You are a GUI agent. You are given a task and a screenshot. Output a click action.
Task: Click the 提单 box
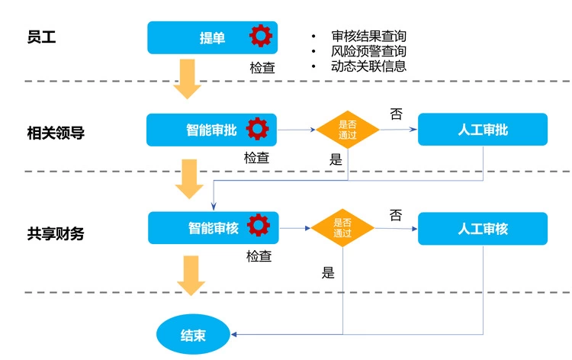[211, 37]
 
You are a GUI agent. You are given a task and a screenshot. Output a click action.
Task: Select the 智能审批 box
[211, 130]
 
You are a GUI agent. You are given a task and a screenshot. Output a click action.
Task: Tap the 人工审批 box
[482, 130]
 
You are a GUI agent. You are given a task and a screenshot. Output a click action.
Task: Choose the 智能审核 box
[214, 228]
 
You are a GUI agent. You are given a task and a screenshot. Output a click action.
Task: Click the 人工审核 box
[482, 228]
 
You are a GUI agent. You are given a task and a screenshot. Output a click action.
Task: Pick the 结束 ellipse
[193, 335]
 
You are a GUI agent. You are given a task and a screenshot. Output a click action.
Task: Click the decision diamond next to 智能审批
[348, 130]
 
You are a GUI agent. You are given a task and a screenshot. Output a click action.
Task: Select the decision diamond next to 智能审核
[342, 228]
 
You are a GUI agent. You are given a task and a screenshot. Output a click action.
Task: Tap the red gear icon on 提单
[260, 36]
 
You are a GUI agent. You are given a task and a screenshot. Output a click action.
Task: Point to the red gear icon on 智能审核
[259, 226]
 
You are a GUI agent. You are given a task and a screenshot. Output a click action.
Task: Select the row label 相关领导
[56, 133]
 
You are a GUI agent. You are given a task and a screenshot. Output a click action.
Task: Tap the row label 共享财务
[56, 233]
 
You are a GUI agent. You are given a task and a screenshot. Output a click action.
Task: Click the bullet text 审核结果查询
[368, 37]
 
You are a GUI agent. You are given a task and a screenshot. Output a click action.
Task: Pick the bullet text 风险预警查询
[368, 51]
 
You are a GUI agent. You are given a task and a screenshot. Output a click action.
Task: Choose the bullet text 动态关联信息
[368, 66]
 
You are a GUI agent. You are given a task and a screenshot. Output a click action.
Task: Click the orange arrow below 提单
[187, 79]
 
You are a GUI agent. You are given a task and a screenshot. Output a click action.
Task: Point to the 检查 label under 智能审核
[259, 256]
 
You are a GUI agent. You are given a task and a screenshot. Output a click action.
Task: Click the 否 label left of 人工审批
[396, 114]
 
